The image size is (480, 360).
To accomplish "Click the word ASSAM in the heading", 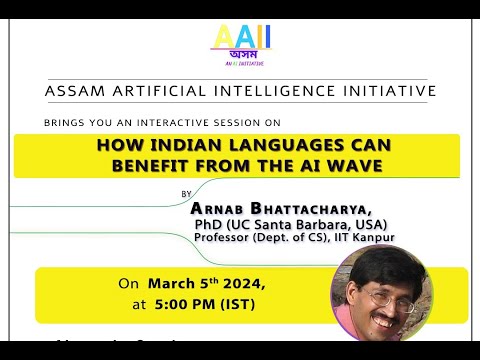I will tap(73, 91).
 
